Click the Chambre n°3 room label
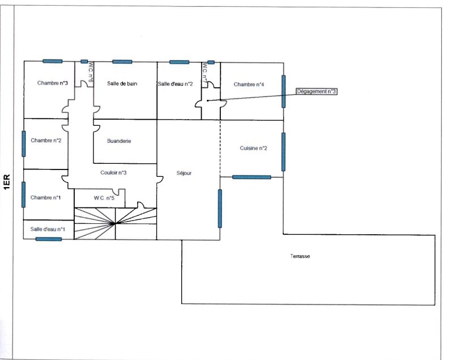(53, 83)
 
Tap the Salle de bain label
(122, 84)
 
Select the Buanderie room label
(119, 141)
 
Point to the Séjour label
(184, 173)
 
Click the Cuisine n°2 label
(253, 148)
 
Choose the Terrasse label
(300, 256)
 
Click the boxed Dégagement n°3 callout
(317, 91)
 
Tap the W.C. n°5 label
(104, 198)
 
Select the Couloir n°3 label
(113, 172)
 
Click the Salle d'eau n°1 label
(48, 230)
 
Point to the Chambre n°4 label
(249, 84)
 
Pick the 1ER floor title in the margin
(7, 182)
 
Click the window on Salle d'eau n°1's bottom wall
(49, 239)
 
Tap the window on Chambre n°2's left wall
(24, 144)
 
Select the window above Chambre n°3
(53, 61)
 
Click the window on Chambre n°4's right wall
(284, 91)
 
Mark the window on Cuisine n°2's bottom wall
(251, 177)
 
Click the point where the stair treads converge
(115, 223)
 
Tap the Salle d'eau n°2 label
(175, 84)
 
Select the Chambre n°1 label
(45, 198)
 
